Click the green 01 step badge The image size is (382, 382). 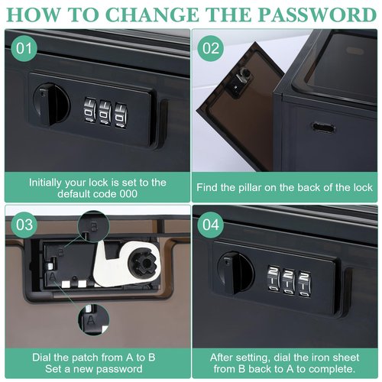pos(24,48)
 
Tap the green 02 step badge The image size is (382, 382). pos(211,48)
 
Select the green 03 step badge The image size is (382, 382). pos(24,225)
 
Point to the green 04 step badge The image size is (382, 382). pos(211,225)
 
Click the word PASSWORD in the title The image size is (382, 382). pos(317,15)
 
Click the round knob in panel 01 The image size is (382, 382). pos(51,105)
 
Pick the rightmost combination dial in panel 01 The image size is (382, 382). pos(121,115)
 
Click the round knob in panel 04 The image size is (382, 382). pos(236,273)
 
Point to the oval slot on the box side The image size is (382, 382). pos(323,127)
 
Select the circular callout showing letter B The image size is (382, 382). pos(93,226)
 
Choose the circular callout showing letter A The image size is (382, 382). pos(93,319)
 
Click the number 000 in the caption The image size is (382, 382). pos(128,194)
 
